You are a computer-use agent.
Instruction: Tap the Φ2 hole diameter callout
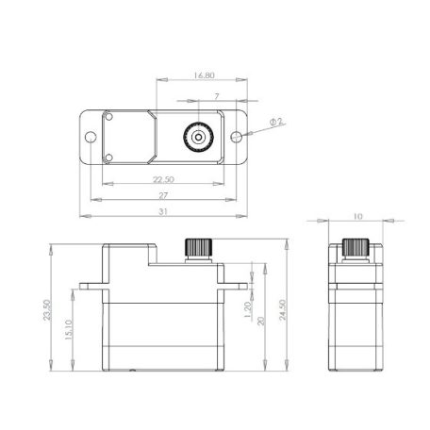pyautogui.click(x=273, y=122)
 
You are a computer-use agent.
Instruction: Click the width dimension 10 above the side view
pyautogui.click(x=356, y=217)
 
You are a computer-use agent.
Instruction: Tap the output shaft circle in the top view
pyautogui.click(x=198, y=136)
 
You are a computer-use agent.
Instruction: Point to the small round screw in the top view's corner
pyautogui.click(x=108, y=119)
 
